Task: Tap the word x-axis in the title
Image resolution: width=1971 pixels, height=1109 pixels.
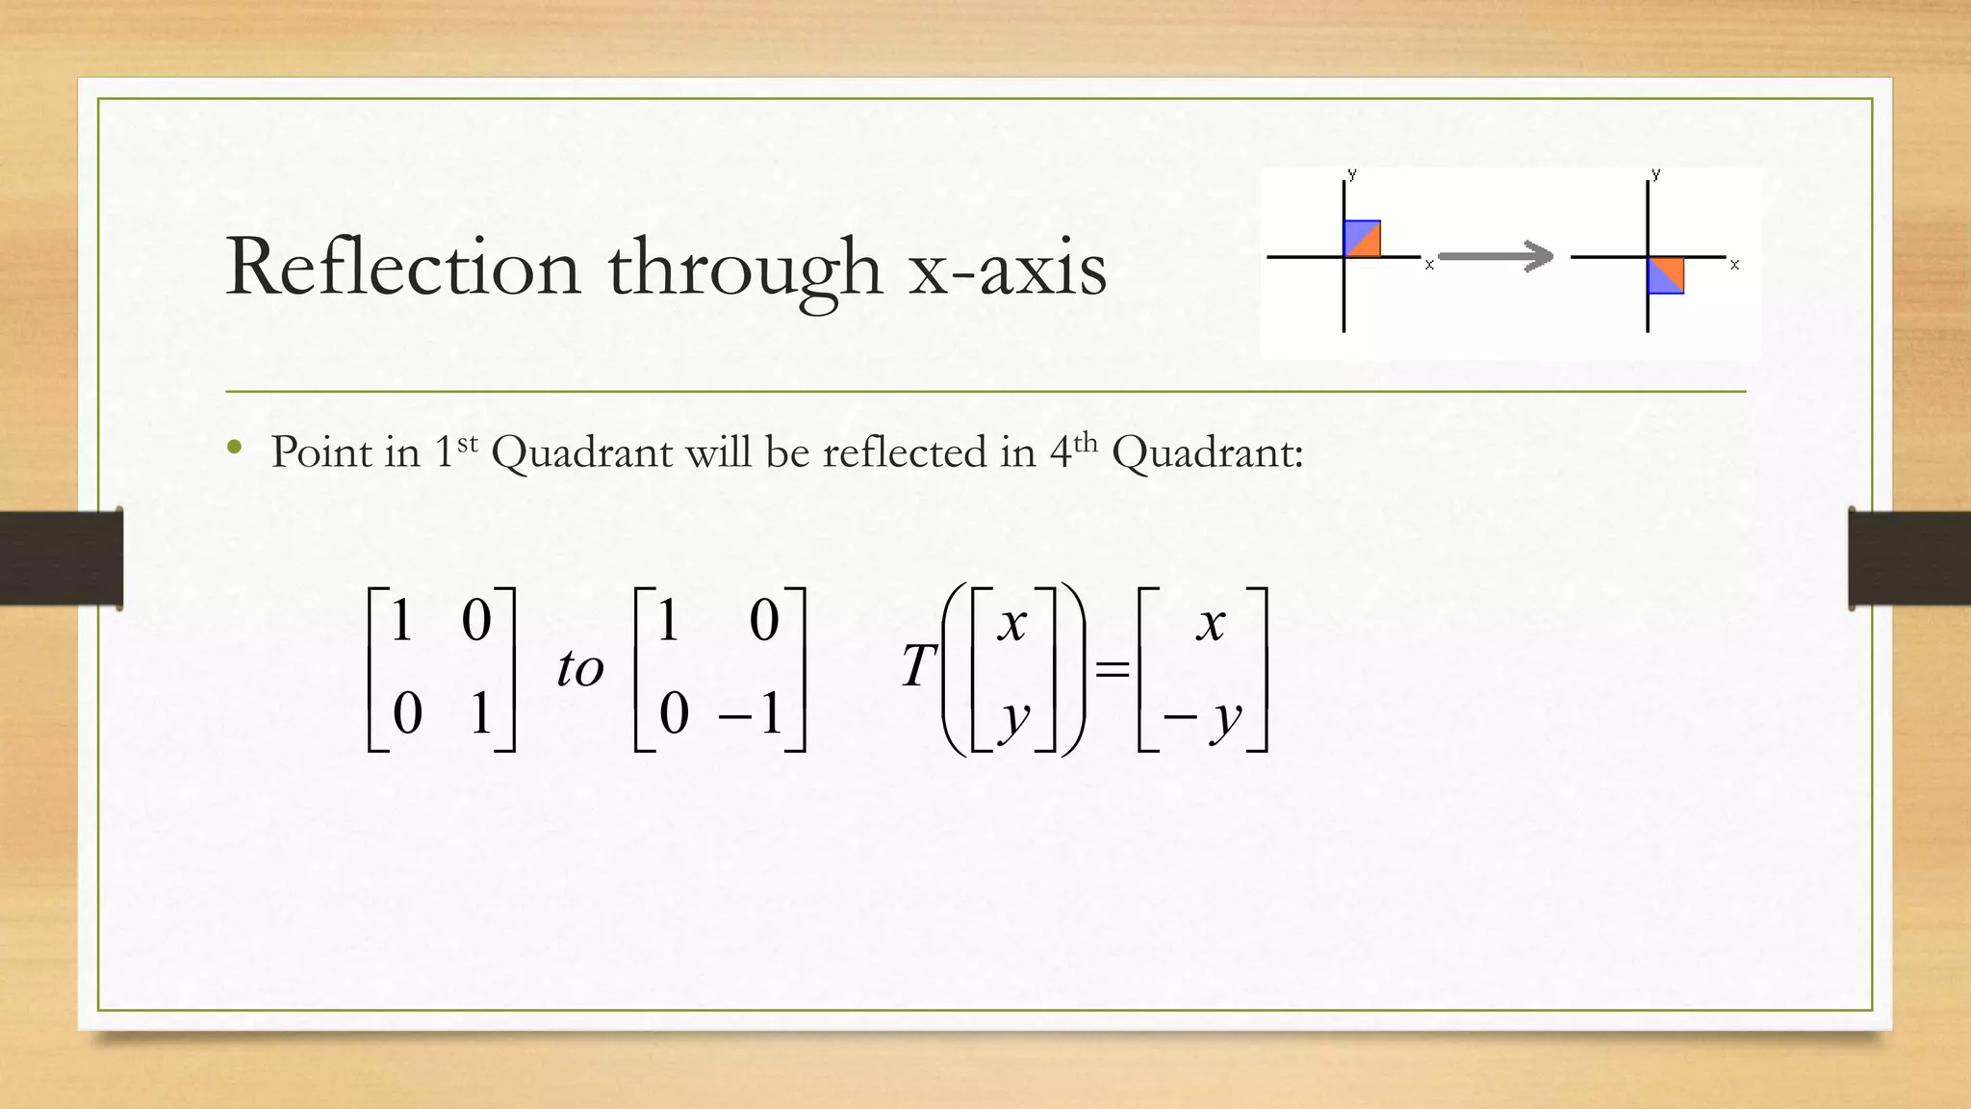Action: (1008, 269)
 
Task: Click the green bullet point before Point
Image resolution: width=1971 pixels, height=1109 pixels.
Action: (235, 447)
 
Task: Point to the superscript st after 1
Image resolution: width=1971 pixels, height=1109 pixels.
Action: (467, 443)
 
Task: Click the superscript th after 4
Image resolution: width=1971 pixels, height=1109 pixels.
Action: (1086, 443)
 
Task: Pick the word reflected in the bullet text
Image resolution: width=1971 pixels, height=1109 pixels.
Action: (904, 451)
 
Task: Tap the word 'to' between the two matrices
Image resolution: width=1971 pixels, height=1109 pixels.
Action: (579, 668)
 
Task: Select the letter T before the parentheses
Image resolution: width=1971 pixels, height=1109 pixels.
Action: (918, 665)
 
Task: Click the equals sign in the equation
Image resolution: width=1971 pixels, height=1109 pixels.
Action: (1113, 668)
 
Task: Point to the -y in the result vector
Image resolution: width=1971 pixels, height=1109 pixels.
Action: (1203, 717)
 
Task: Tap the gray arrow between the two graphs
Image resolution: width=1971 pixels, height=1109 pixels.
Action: (1495, 256)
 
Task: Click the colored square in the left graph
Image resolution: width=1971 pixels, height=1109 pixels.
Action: (1362, 239)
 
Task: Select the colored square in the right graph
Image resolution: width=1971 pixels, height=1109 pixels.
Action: (1666, 275)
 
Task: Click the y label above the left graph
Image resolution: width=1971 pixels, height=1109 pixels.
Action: (1352, 174)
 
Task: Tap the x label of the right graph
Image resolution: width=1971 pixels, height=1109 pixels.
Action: (1734, 264)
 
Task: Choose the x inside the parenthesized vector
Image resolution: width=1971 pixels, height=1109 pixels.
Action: (1011, 624)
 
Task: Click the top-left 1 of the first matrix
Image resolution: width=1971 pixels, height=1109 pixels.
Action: (402, 619)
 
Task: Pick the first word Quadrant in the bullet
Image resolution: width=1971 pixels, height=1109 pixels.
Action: (582, 451)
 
